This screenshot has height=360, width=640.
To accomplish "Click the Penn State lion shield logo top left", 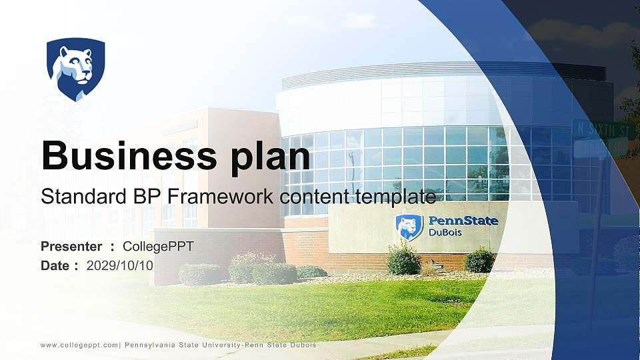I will pyautogui.click(x=75, y=69).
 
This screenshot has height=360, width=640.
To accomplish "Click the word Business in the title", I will pyautogui.click(x=124, y=156).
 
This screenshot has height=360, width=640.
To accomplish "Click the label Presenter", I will pyautogui.click(x=71, y=247).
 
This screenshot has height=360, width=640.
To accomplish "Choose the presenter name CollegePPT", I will pyautogui.click(x=158, y=247).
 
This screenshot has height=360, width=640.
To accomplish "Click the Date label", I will pyautogui.click(x=55, y=265).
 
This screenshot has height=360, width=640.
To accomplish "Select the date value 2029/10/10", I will pyautogui.click(x=120, y=265).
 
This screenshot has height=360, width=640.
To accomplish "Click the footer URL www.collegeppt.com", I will pyautogui.click(x=79, y=345).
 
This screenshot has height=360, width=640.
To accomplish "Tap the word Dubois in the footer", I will pyautogui.click(x=301, y=345).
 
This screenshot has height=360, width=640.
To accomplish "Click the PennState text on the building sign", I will pyautogui.click(x=463, y=221).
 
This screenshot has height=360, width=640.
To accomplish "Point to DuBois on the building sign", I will pyautogui.click(x=445, y=233).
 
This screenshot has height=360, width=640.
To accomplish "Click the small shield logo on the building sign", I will pyautogui.click(x=409, y=227).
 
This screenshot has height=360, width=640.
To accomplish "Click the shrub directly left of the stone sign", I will pyautogui.click(x=403, y=259).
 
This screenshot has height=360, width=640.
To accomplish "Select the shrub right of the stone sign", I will pyautogui.click(x=479, y=260).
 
